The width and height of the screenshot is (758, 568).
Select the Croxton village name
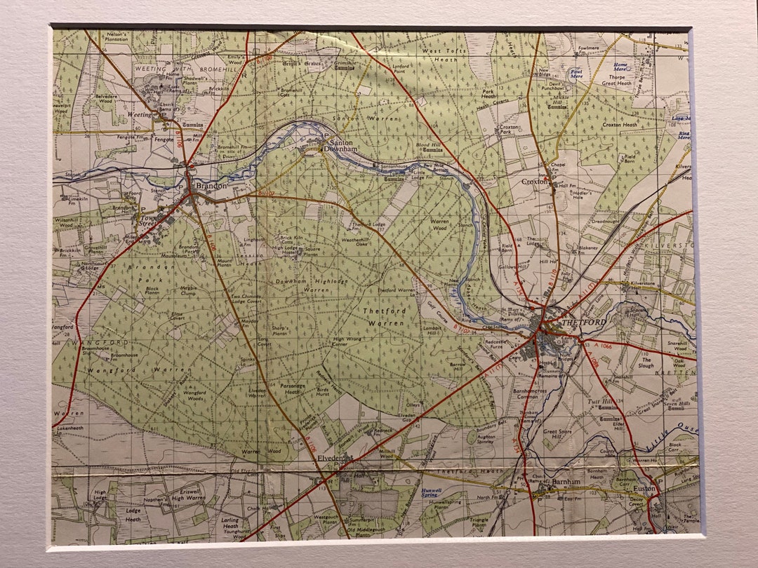point(534,181)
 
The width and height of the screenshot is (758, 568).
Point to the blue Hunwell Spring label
point(430,492)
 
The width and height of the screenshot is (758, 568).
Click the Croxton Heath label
point(618,125)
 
